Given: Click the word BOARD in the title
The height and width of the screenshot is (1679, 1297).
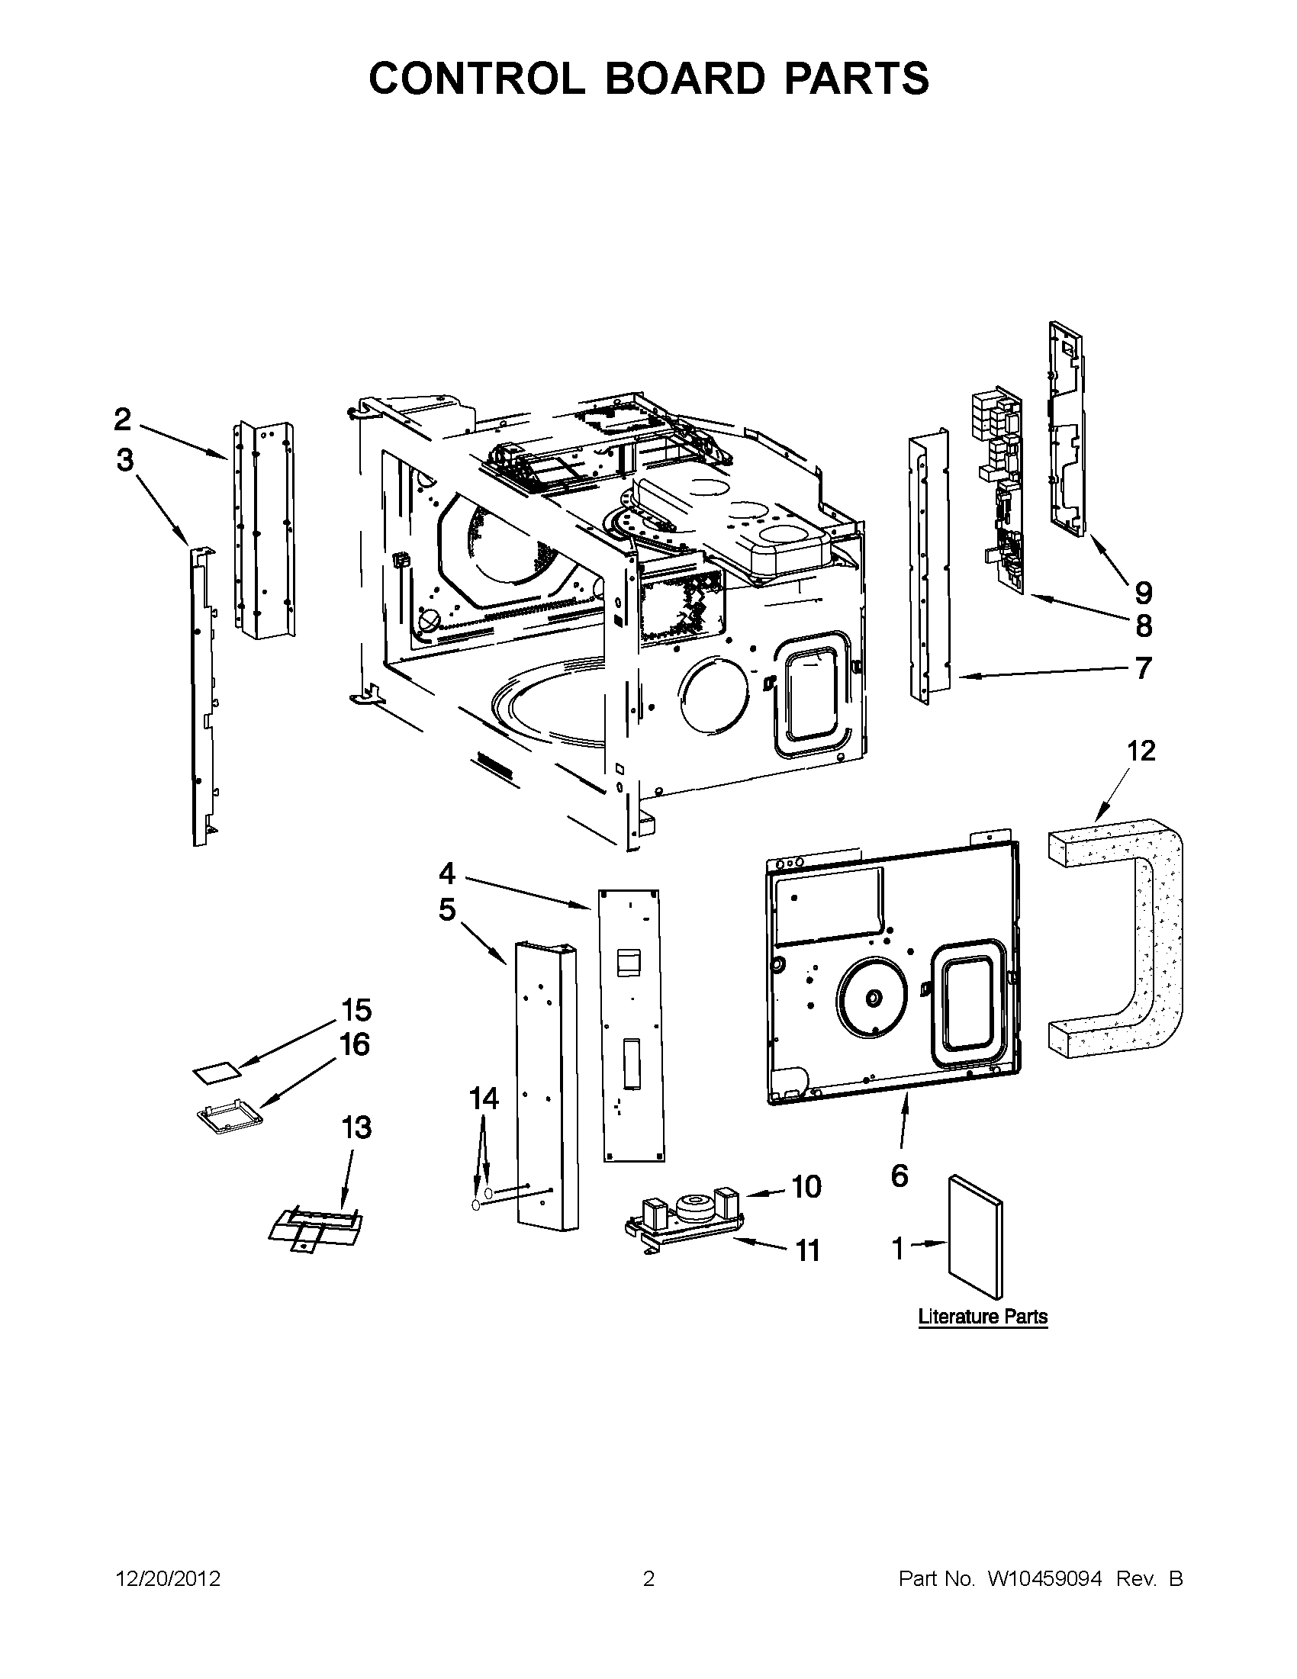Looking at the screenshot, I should click(x=685, y=79).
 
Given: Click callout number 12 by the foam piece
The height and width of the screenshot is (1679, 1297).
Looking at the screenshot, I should click(x=1141, y=751).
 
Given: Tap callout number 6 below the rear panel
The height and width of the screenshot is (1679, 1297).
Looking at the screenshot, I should click(x=900, y=1176).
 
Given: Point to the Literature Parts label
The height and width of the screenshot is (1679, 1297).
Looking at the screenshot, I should click(x=983, y=1316).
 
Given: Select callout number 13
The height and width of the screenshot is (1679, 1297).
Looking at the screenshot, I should click(x=356, y=1127).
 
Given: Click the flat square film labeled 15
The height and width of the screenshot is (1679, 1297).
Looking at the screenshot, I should click(x=216, y=1073).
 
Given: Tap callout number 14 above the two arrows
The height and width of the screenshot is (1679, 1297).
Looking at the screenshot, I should click(x=484, y=1098).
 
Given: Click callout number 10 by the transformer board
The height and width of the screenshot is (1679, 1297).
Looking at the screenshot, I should click(x=806, y=1187).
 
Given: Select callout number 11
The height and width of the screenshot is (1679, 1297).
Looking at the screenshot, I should click(x=806, y=1251).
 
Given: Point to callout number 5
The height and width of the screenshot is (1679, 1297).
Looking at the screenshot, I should click(x=446, y=910).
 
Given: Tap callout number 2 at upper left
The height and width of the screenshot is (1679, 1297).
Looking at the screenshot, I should click(x=122, y=420).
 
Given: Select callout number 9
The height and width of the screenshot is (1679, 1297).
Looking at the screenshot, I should click(x=1143, y=593).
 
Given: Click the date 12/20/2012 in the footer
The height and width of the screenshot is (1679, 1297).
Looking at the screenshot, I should click(x=168, y=1579).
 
